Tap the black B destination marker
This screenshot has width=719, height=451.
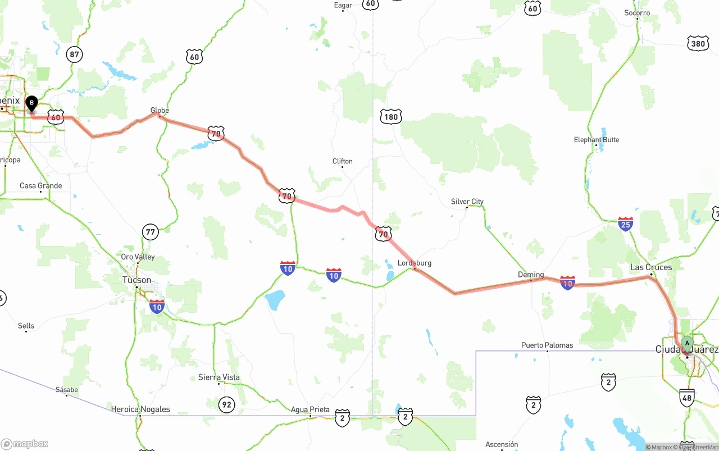tap(32, 103)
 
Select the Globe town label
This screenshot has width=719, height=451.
tap(160, 111)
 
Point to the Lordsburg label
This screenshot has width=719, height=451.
tap(415, 263)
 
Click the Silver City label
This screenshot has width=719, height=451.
tap(467, 202)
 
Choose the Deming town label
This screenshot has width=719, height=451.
tap(531, 275)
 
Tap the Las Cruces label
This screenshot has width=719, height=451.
tap(651, 267)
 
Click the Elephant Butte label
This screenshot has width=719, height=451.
tap(597, 140)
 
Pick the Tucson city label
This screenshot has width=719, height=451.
tap(136, 280)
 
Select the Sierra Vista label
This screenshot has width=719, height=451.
tap(219, 377)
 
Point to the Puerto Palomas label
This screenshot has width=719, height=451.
tap(547, 345)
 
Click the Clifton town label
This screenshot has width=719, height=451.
tap(342, 161)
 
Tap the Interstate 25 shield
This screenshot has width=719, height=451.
tap(625, 224)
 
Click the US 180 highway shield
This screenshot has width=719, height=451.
tap(390, 117)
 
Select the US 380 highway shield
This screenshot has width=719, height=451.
tap(698, 43)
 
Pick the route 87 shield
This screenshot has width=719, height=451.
tap(74, 54)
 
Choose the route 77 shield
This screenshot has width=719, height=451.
tap(150, 231)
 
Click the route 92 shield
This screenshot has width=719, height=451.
tap(226, 404)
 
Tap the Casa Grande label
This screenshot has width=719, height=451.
tap(41, 186)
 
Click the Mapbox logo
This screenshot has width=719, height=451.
tap(25, 444)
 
